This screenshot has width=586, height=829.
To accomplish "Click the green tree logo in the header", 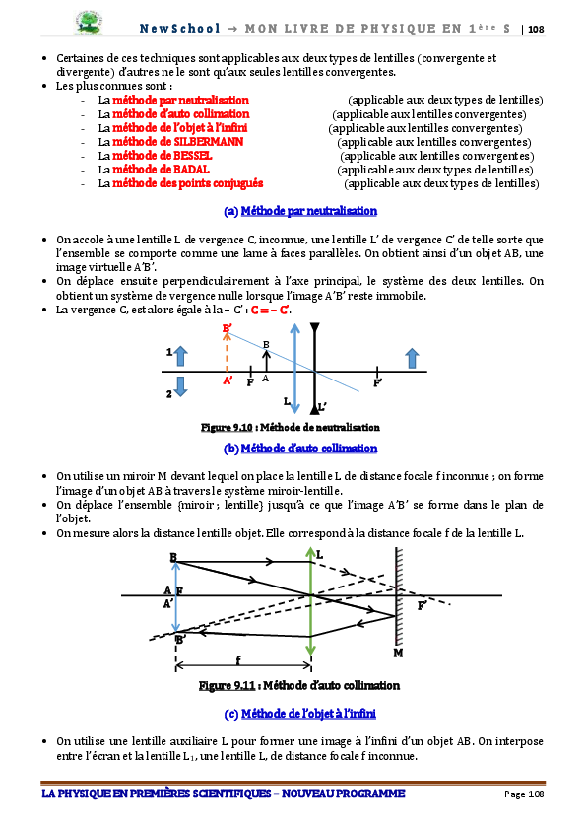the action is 89,23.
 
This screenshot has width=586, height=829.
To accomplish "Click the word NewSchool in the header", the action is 179,28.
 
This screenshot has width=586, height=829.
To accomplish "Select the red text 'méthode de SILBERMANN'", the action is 178,142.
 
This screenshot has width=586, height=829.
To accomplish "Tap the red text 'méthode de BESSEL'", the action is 163,156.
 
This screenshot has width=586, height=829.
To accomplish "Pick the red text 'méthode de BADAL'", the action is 162,170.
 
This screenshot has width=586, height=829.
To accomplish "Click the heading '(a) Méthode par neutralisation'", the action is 300,211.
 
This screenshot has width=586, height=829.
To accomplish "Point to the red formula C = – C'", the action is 270,310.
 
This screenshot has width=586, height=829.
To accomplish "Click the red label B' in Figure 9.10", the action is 228,328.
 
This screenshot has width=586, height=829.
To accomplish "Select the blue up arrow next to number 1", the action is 180,356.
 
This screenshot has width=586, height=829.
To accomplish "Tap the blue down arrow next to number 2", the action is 180,386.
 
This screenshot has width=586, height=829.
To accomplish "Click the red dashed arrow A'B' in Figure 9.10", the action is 227,353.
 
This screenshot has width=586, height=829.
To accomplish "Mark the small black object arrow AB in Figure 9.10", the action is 266,361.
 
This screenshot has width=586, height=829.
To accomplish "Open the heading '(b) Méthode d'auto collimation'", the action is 300,449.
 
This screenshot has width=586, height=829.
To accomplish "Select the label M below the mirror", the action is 399,653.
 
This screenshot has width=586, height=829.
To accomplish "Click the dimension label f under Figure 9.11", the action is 239,659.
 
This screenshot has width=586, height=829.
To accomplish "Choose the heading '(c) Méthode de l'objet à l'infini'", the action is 300,714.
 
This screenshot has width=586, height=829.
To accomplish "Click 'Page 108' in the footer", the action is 524,794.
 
